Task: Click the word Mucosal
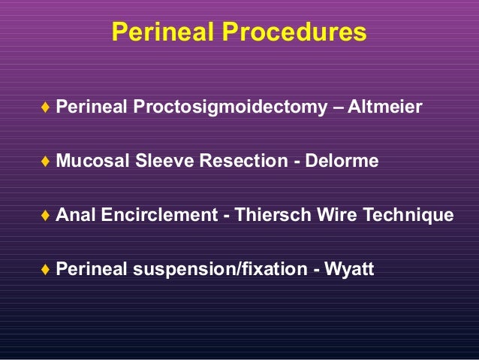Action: [x=89, y=162]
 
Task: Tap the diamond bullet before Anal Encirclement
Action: [x=47, y=216]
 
